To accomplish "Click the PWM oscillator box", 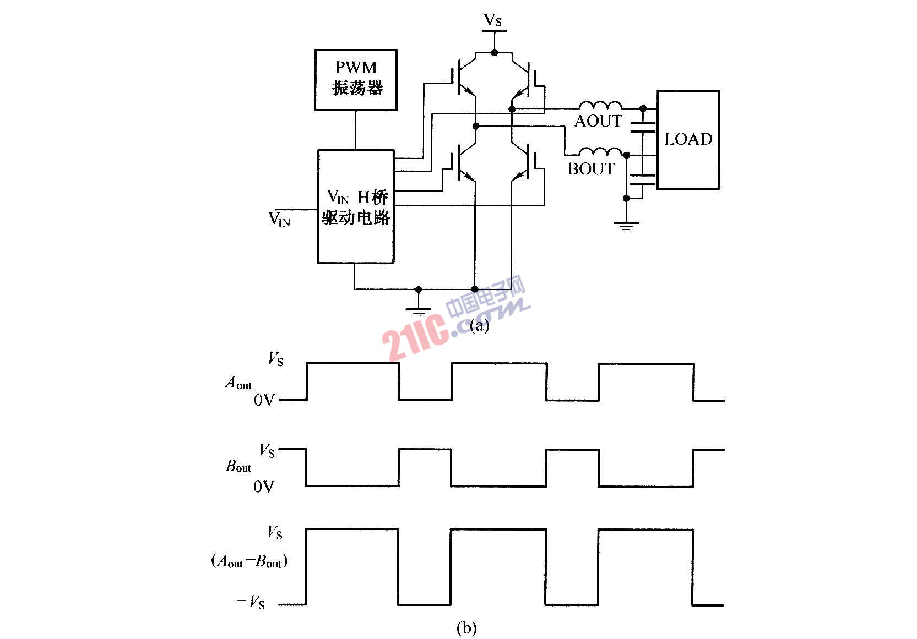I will coord(356,80).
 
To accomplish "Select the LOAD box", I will coord(688,139).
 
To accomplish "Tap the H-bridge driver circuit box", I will coord(356,206).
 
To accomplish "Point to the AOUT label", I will coord(598,121).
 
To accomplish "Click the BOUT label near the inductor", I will coord(591,168).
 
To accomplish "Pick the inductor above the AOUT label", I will coord(600,106).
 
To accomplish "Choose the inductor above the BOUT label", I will coord(600,152).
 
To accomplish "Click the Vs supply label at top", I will coord(493,20).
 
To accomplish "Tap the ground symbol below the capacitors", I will coord(626,225).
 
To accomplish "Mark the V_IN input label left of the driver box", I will coord(280,219).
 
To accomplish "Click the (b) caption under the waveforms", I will coord(466,627).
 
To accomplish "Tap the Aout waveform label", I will coord(238,383).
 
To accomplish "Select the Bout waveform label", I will coord(238,466).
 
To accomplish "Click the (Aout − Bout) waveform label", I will coord(249,561).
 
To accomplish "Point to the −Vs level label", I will coord(251,602).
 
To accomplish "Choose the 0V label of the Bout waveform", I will coord(263,487).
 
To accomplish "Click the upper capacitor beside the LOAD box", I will coord(643,127).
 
